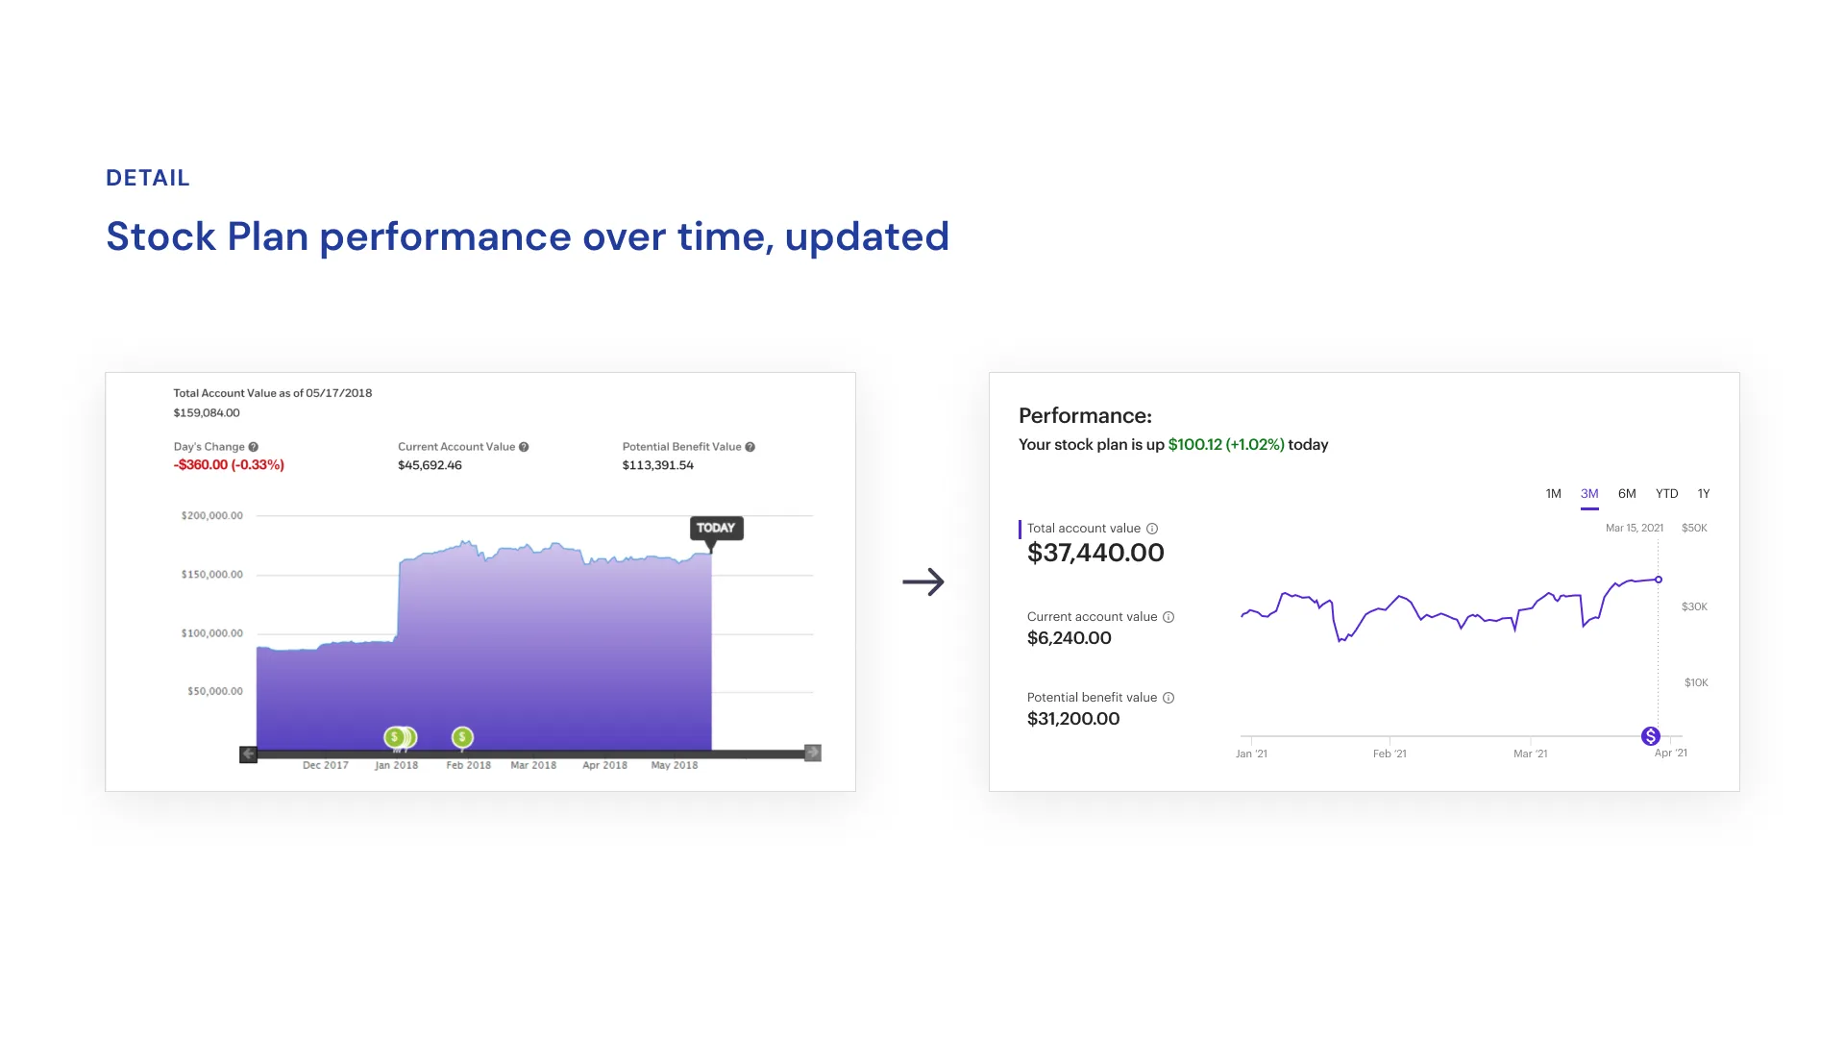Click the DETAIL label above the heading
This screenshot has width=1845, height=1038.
pyautogui.click(x=148, y=178)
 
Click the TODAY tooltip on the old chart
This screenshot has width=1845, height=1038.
pyautogui.click(x=716, y=528)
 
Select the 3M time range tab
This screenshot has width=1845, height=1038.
pyautogui.click(x=1589, y=493)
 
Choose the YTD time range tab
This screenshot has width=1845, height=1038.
pyautogui.click(x=1666, y=493)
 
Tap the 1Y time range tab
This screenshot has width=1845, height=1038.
pyautogui.click(x=1703, y=493)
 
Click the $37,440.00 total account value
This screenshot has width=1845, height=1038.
pyautogui.click(x=1095, y=553)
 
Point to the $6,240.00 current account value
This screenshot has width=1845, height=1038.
pyautogui.click(x=1069, y=638)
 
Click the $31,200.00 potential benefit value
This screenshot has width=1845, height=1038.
pyautogui.click(x=1073, y=719)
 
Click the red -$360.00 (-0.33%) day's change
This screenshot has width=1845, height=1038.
pyautogui.click(x=229, y=465)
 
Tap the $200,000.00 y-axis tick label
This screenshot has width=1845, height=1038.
pyautogui.click(x=211, y=516)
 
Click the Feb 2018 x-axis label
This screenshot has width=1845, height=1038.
pyautogui.click(x=468, y=766)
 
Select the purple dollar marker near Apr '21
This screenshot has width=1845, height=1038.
pyautogui.click(x=1650, y=736)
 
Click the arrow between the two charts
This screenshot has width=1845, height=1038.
pyautogui.click(x=923, y=581)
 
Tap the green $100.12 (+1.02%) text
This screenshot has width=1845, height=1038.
pyautogui.click(x=1225, y=445)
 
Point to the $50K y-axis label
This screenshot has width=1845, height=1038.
pyautogui.click(x=1694, y=528)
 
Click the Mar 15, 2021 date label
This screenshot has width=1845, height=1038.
pyautogui.click(x=1634, y=528)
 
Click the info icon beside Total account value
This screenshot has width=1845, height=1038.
pyautogui.click(x=1152, y=529)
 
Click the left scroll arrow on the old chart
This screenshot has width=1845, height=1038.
pyautogui.click(x=248, y=754)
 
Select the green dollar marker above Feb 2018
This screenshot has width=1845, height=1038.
pyautogui.click(x=462, y=737)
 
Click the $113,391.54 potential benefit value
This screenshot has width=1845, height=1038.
pyautogui.click(x=657, y=465)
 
